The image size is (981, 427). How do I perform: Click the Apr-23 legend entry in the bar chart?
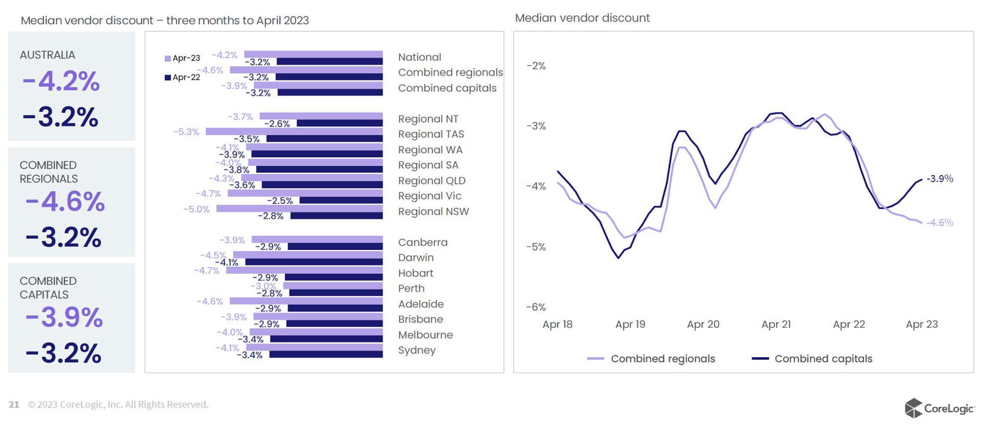pos(183,58)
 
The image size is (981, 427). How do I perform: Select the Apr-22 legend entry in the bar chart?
pos(183,77)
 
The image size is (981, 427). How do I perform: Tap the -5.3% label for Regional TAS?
pos(186,132)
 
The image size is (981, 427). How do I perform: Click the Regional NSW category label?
pos(433,211)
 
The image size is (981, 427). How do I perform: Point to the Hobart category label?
pos(415,273)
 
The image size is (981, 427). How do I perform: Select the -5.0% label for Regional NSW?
pos(196,210)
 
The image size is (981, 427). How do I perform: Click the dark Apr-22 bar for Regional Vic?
pos(341,200)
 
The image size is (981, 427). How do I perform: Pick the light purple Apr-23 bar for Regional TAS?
pos(294,131)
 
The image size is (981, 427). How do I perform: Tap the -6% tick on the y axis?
pos(535,307)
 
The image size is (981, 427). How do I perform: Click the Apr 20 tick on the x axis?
pos(703,325)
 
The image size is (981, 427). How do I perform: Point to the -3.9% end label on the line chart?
pos(939,179)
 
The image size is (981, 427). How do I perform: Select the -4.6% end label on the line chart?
pos(939,223)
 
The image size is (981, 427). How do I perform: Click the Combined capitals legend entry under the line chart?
pos(812,359)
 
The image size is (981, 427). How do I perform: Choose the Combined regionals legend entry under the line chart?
pos(651,359)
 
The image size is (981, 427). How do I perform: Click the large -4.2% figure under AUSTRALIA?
pos(61,81)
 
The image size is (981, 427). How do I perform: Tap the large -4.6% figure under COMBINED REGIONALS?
pos(65,202)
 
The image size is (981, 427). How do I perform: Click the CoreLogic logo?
pos(939,408)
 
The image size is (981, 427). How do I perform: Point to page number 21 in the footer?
pos(14,405)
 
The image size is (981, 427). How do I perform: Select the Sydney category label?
pos(416,350)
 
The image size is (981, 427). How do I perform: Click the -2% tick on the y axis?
pos(535,66)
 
